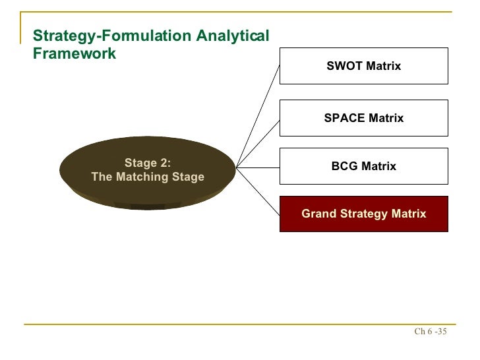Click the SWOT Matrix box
coord(363,66)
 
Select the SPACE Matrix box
coord(363,118)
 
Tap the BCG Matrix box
coord(363,166)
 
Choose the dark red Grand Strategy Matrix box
coord(363,214)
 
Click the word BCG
coord(344,166)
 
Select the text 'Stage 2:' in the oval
coord(147,164)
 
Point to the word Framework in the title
coord(74,53)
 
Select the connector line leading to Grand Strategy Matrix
coord(258,190)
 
